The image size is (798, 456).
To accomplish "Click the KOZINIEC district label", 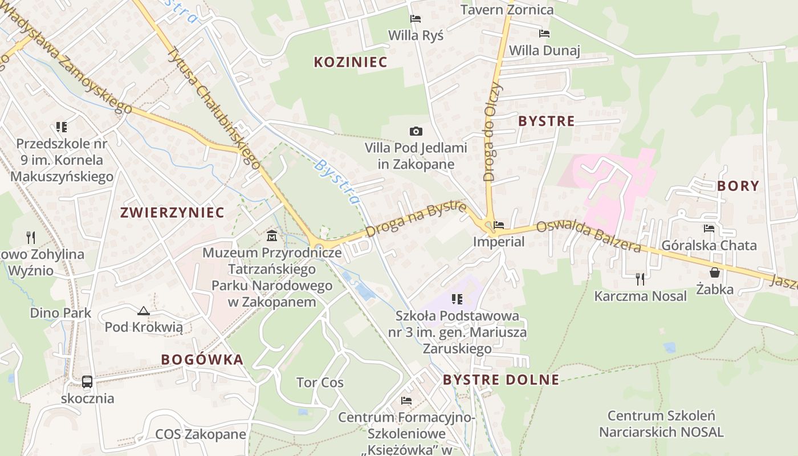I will (x=351, y=62).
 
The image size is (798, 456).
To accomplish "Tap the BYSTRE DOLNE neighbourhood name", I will (x=501, y=380).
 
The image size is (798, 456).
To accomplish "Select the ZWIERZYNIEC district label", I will (x=172, y=213).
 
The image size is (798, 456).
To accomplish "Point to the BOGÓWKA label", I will (x=202, y=360).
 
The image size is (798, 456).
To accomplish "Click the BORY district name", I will (x=738, y=185).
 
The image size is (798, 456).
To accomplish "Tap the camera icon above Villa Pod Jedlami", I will (x=416, y=132).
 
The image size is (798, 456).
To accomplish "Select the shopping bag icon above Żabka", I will (x=715, y=272).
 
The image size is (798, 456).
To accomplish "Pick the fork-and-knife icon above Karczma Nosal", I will (x=640, y=279).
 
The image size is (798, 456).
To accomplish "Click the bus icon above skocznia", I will (x=87, y=381).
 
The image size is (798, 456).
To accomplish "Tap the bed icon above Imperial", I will (x=499, y=225).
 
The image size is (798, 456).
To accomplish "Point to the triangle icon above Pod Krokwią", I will (x=143, y=311).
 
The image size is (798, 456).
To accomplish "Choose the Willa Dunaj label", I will (x=544, y=50).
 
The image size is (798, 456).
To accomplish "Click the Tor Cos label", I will (x=320, y=382).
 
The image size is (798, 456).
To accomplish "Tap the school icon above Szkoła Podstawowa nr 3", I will (x=457, y=299).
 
